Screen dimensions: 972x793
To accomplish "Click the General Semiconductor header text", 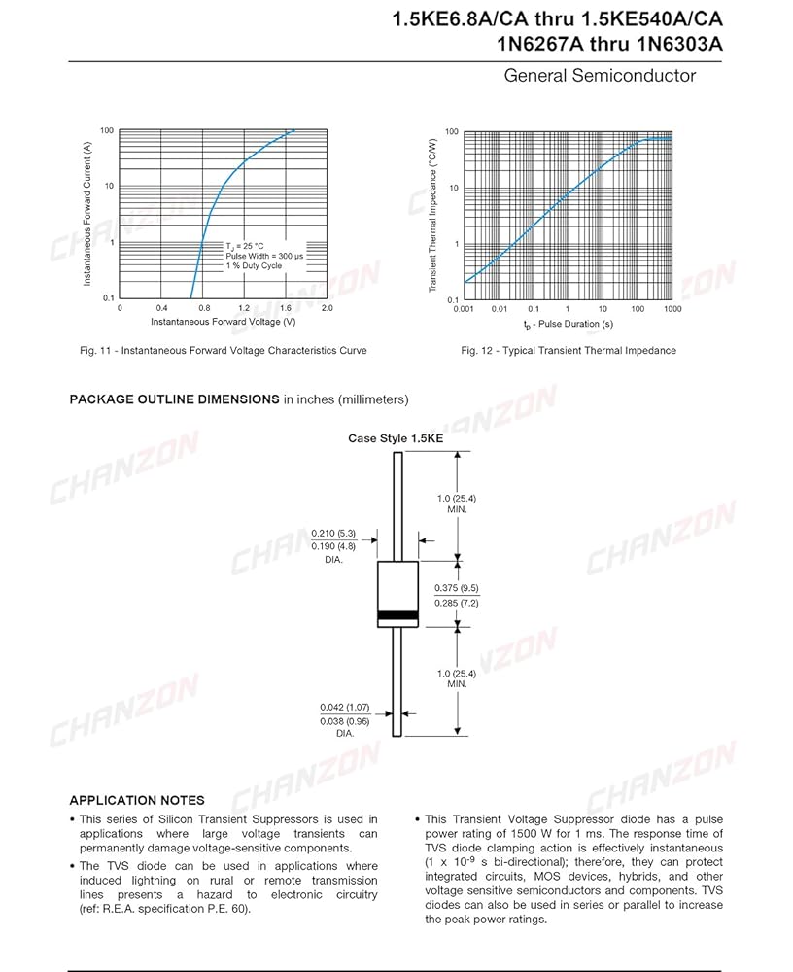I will [x=600, y=76].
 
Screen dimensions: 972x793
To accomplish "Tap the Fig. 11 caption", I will [x=224, y=350].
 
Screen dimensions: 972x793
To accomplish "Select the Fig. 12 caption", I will [x=569, y=350].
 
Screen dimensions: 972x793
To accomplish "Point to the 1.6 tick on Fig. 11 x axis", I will [x=286, y=307].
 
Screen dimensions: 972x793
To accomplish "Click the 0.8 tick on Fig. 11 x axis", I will [x=203, y=307].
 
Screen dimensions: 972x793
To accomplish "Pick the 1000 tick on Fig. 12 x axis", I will [x=672, y=308].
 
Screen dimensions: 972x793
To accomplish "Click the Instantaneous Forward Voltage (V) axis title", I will [x=224, y=322].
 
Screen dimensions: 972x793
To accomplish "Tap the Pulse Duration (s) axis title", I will [x=568, y=323].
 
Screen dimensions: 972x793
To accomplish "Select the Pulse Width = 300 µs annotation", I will [x=264, y=256].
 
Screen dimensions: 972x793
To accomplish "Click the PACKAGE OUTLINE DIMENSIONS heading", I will [x=174, y=399].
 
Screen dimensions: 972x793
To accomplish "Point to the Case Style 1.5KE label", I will [x=396, y=438].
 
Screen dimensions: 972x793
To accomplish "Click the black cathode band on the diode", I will [x=397, y=615].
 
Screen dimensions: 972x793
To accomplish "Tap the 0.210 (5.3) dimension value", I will [x=333, y=533].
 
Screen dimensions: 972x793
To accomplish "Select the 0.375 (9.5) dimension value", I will [x=456, y=589].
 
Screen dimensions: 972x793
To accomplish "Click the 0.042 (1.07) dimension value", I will [x=345, y=707].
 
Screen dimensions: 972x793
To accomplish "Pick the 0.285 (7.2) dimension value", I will [x=456, y=604].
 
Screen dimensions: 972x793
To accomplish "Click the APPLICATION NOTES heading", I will [x=137, y=800].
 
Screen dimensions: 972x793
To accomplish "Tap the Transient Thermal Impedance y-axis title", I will [x=433, y=216].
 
